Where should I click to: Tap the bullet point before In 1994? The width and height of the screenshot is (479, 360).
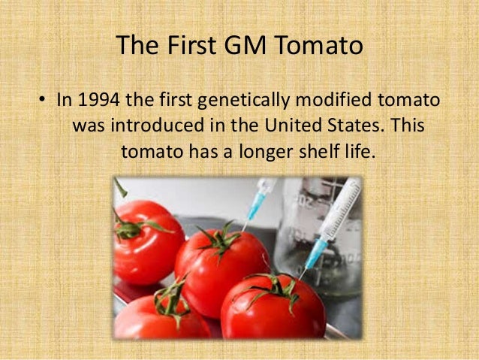[41, 101]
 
